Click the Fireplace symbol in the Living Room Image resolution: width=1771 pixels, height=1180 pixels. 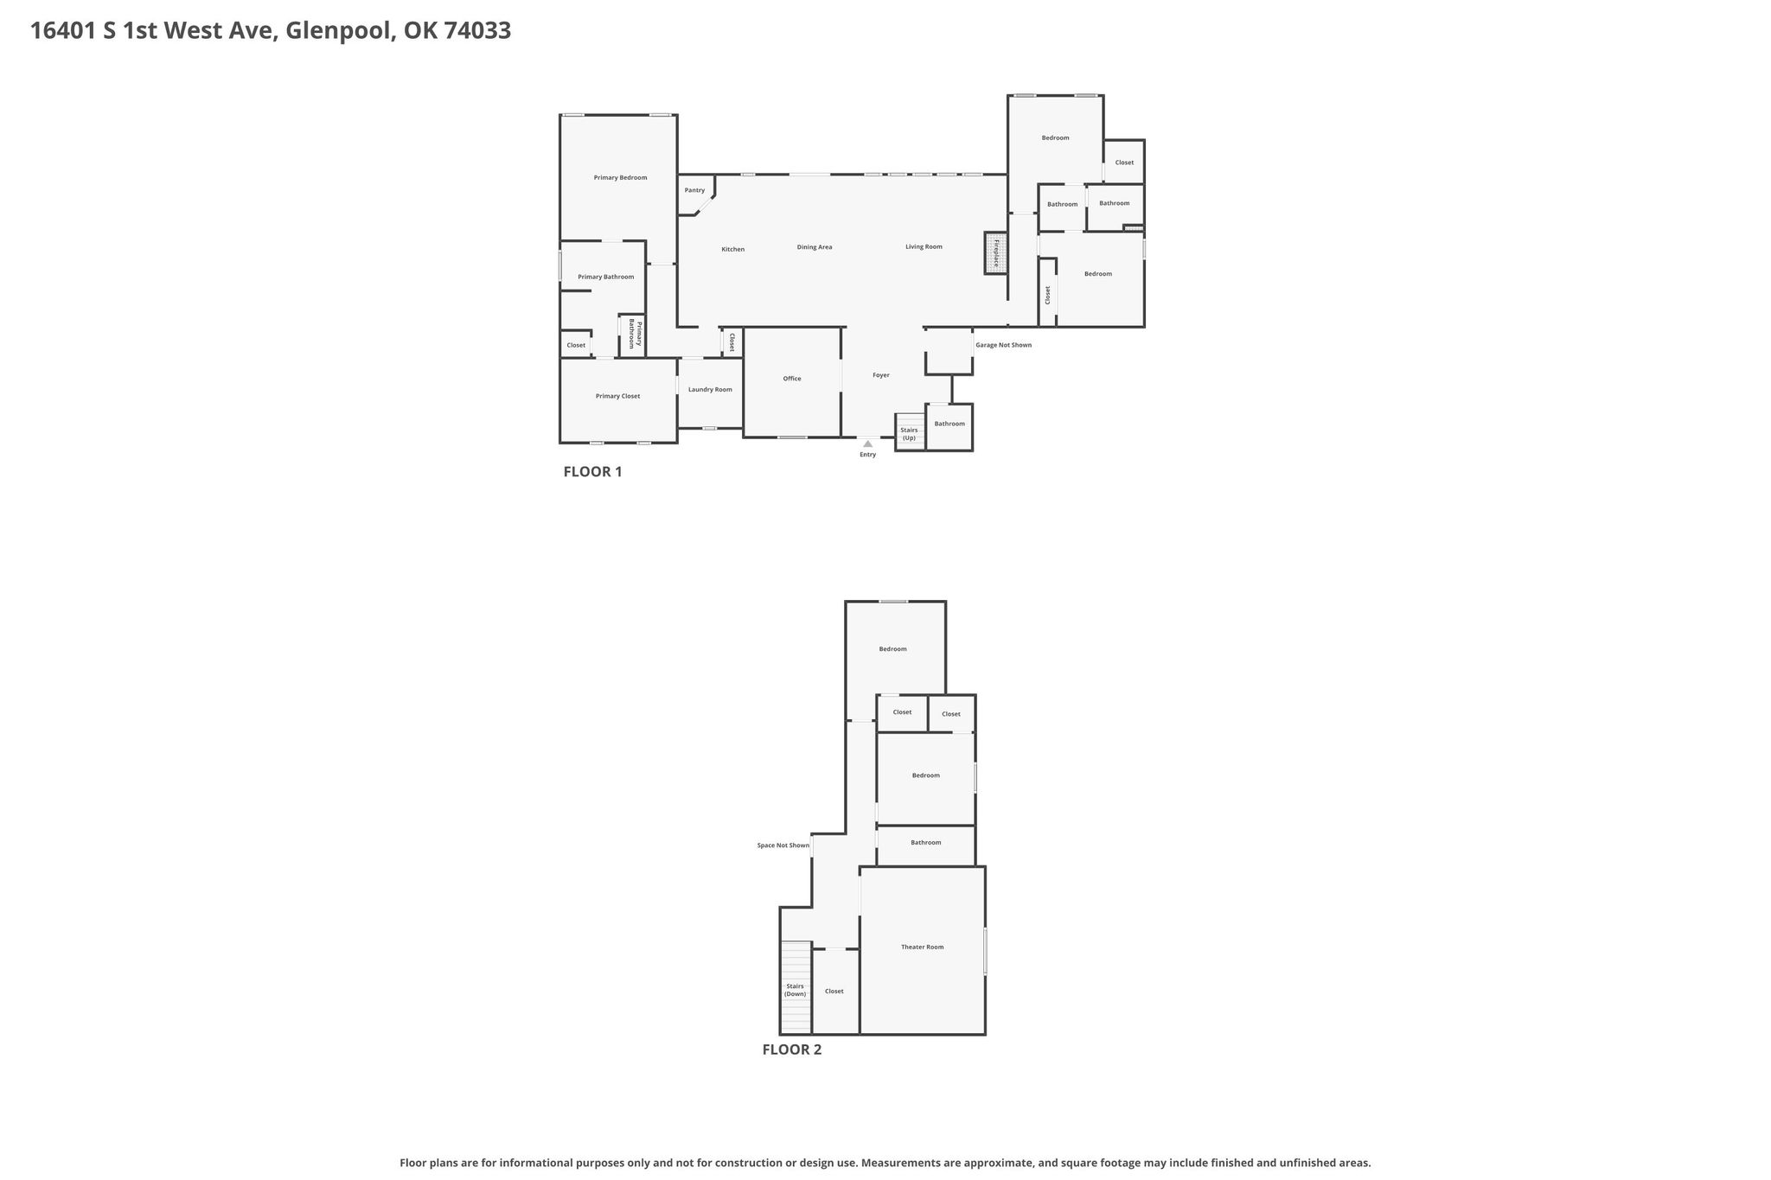995,252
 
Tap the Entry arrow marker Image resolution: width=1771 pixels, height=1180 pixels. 868,443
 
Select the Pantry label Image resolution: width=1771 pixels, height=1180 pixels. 694,190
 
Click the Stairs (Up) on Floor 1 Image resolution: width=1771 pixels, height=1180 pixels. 909,432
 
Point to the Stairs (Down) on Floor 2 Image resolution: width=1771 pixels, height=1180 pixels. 796,987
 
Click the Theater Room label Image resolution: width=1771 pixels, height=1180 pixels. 922,947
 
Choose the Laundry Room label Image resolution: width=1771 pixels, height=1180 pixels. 710,390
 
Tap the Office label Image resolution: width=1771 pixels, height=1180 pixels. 792,379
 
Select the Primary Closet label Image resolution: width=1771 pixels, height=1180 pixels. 617,396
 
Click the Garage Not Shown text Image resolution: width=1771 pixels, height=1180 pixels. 1003,345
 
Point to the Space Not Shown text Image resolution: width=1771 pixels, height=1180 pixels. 783,845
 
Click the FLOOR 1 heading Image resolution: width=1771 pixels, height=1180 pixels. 592,472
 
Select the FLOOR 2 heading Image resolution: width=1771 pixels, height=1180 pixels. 791,1050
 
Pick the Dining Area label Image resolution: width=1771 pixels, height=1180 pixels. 814,247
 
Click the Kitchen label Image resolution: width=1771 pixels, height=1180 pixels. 732,250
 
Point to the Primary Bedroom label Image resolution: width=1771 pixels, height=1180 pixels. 620,178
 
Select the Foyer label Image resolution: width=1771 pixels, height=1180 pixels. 880,375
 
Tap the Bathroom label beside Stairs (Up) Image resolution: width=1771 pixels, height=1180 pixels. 949,424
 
